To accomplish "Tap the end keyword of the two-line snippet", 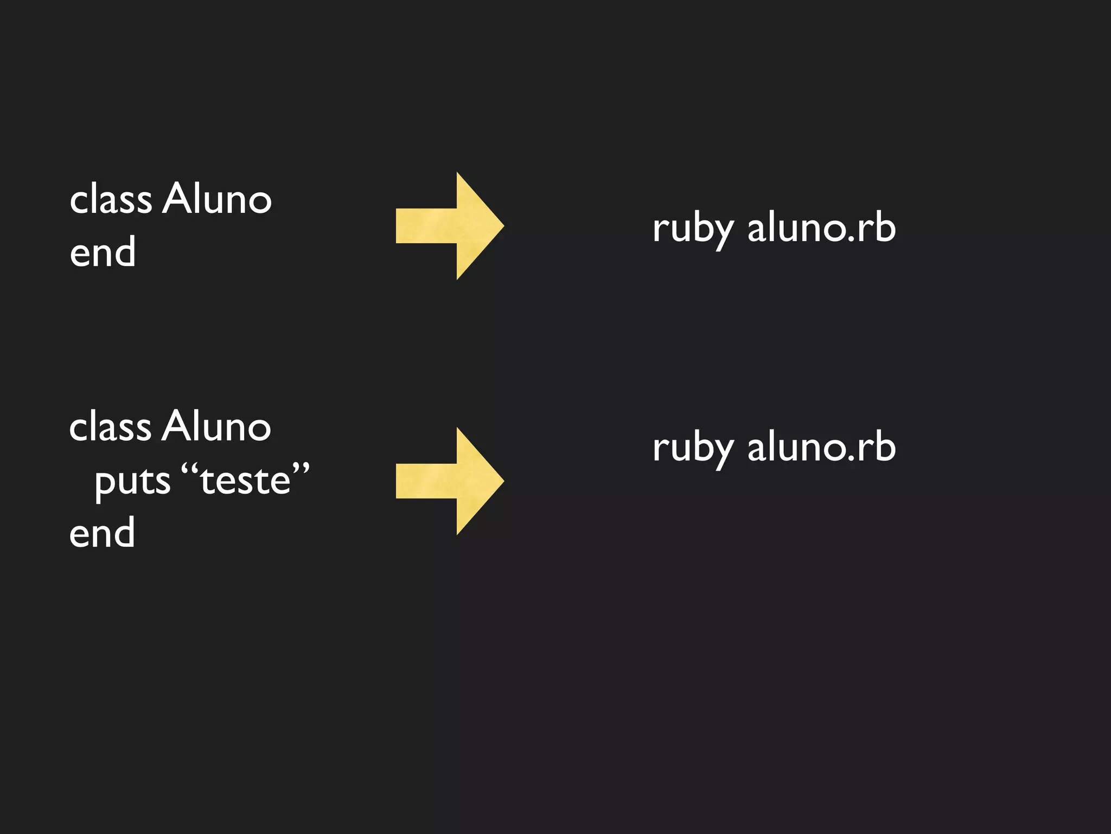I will tap(103, 252).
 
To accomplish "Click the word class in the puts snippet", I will tap(110, 426).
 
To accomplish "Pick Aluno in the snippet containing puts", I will tap(216, 426).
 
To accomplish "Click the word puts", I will tap(132, 481).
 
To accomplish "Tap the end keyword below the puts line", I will tap(102, 533).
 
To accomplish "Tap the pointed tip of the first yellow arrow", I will tap(501, 225).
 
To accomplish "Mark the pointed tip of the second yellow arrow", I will tap(501, 481).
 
